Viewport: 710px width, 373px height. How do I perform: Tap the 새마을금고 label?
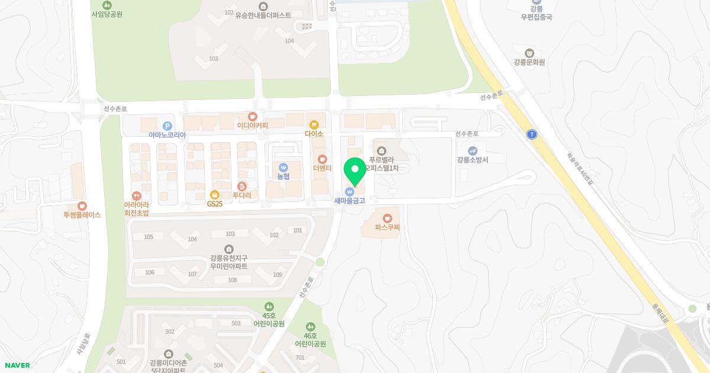pyautogui.click(x=350, y=201)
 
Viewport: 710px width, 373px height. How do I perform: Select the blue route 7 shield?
pyautogui.click(x=532, y=134)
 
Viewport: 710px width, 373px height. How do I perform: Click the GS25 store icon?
pyautogui.click(x=215, y=194)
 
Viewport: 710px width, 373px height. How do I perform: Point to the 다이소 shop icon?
pyautogui.click(x=314, y=125)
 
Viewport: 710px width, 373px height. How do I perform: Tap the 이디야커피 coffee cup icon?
pyautogui.click(x=253, y=116)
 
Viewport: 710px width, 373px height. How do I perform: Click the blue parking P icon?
pyautogui.click(x=167, y=126)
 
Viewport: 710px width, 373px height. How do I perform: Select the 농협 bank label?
pyautogui.click(x=283, y=176)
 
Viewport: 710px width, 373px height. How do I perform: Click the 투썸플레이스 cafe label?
pyautogui.click(x=82, y=215)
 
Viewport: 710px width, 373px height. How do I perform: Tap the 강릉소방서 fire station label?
pyautogui.click(x=472, y=160)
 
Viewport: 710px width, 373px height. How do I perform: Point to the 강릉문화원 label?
pyautogui.click(x=529, y=62)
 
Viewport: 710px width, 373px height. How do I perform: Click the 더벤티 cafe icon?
pyautogui.click(x=322, y=159)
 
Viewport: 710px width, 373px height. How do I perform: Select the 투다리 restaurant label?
pyautogui.click(x=241, y=195)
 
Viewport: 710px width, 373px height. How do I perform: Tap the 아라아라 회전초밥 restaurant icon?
pyautogui.click(x=137, y=195)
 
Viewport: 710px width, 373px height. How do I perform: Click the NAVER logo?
pyautogui.click(x=17, y=365)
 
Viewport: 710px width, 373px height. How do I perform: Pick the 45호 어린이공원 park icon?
pyautogui.click(x=269, y=306)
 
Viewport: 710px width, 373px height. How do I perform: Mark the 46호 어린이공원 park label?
pyautogui.click(x=311, y=343)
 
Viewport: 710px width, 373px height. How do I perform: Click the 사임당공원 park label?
pyautogui.click(x=107, y=14)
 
